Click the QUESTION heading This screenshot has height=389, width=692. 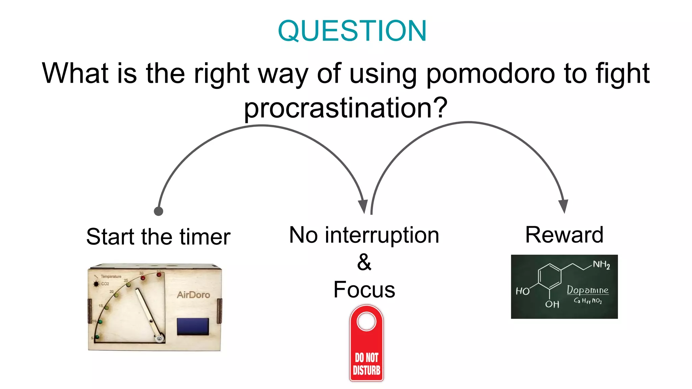pos(352,31)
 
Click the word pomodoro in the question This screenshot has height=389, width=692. pos(490,74)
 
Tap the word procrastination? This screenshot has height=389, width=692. pos(346,108)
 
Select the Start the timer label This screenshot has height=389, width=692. pos(158,237)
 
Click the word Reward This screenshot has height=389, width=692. pos(564,235)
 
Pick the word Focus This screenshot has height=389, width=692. pos(364,290)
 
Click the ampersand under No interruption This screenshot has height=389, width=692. pos(364,262)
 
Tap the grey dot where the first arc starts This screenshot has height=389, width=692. pos(158,211)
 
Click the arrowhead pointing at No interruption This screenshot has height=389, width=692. pos(363,206)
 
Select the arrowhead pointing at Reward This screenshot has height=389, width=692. pos(563,206)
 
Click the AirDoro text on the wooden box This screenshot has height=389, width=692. pos(193,295)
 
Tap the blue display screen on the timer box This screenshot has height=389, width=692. pos(193,327)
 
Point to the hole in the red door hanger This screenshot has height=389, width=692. pos(366,321)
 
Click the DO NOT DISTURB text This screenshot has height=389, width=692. pos(366,364)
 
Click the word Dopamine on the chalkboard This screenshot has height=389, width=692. pos(587,290)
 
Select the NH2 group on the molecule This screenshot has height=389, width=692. pos(601,264)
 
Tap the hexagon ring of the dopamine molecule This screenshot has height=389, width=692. pos(549,277)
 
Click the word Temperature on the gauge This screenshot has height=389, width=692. pos(111,277)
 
